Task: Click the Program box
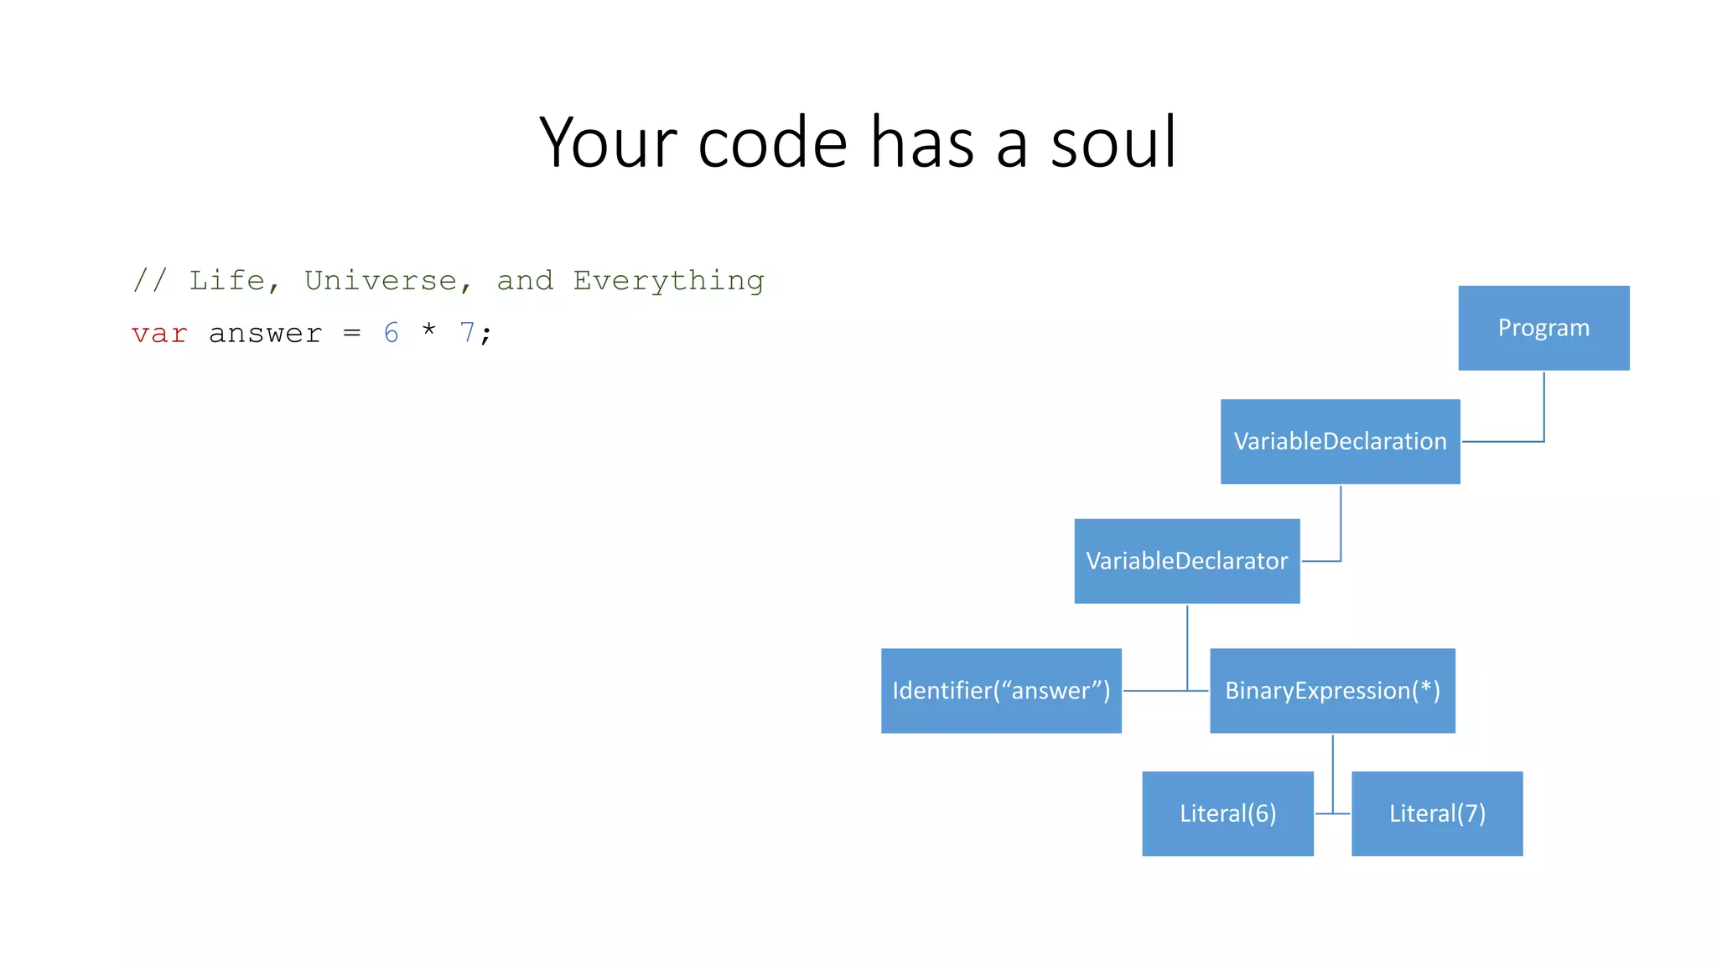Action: tap(1543, 328)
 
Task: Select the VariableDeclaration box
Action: tap(1340, 442)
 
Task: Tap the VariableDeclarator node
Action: tap(1186, 561)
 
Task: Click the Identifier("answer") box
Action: tap(1001, 691)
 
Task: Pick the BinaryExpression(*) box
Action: tap(1332, 691)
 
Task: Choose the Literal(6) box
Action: tap(1227, 813)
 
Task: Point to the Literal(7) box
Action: tap(1437, 813)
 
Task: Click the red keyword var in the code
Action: tap(159, 334)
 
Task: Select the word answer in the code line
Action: tap(265, 334)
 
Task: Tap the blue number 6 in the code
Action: tap(392, 333)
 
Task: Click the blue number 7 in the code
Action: tap(467, 333)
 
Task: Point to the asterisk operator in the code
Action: tap(429, 330)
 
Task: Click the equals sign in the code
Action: tap(352, 334)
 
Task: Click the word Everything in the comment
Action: tap(668, 281)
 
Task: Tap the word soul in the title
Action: tap(1113, 143)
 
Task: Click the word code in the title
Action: tap(772, 143)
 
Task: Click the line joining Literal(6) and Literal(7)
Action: tap(1332, 813)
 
